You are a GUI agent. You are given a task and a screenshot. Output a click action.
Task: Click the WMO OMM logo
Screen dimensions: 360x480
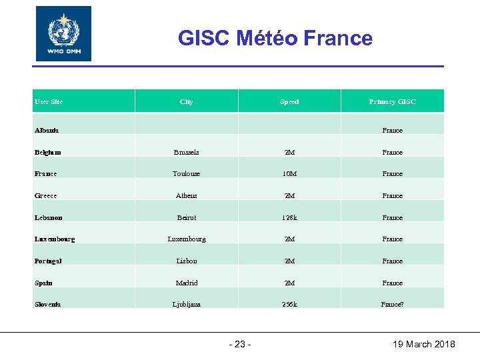[x=63, y=34]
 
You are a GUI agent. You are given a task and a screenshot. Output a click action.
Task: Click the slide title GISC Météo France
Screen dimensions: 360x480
[x=275, y=38]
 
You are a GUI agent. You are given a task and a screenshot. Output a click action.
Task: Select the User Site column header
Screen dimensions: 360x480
[x=49, y=101]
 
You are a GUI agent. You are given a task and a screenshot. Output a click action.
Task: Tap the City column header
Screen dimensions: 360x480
[x=187, y=101]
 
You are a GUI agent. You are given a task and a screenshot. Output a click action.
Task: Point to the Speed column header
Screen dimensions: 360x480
[x=289, y=101]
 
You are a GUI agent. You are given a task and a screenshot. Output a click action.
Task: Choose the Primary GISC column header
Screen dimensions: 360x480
[x=392, y=101]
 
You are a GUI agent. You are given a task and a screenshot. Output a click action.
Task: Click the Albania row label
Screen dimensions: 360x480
[x=47, y=130]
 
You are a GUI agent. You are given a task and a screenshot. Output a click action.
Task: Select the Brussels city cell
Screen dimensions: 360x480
[x=187, y=152]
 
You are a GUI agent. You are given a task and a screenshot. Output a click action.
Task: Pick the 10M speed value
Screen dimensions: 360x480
[x=289, y=173]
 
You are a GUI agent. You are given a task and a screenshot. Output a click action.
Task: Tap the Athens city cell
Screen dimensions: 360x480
[x=187, y=195]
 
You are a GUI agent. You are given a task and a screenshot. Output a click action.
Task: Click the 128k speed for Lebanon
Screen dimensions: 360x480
[x=289, y=217]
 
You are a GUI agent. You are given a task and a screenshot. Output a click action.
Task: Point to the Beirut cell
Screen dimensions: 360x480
[x=187, y=217]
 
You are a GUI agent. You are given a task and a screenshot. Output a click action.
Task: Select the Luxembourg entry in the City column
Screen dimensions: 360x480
[x=187, y=239]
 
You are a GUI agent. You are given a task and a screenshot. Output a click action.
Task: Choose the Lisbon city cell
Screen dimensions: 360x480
[x=187, y=261]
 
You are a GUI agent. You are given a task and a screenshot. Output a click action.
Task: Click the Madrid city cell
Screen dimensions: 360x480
[x=187, y=283]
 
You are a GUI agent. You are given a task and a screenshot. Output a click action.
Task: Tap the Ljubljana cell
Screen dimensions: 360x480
[x=187, y=304]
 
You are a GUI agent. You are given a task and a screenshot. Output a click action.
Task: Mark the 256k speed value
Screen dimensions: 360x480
[x=289, y=304]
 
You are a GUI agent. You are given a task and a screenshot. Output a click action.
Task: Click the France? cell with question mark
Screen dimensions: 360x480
[x=393, y=304]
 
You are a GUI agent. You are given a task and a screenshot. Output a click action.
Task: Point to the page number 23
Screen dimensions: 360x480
[x=240, y=344]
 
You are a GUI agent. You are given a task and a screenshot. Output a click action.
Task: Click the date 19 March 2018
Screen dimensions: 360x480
[x=423, y=344]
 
